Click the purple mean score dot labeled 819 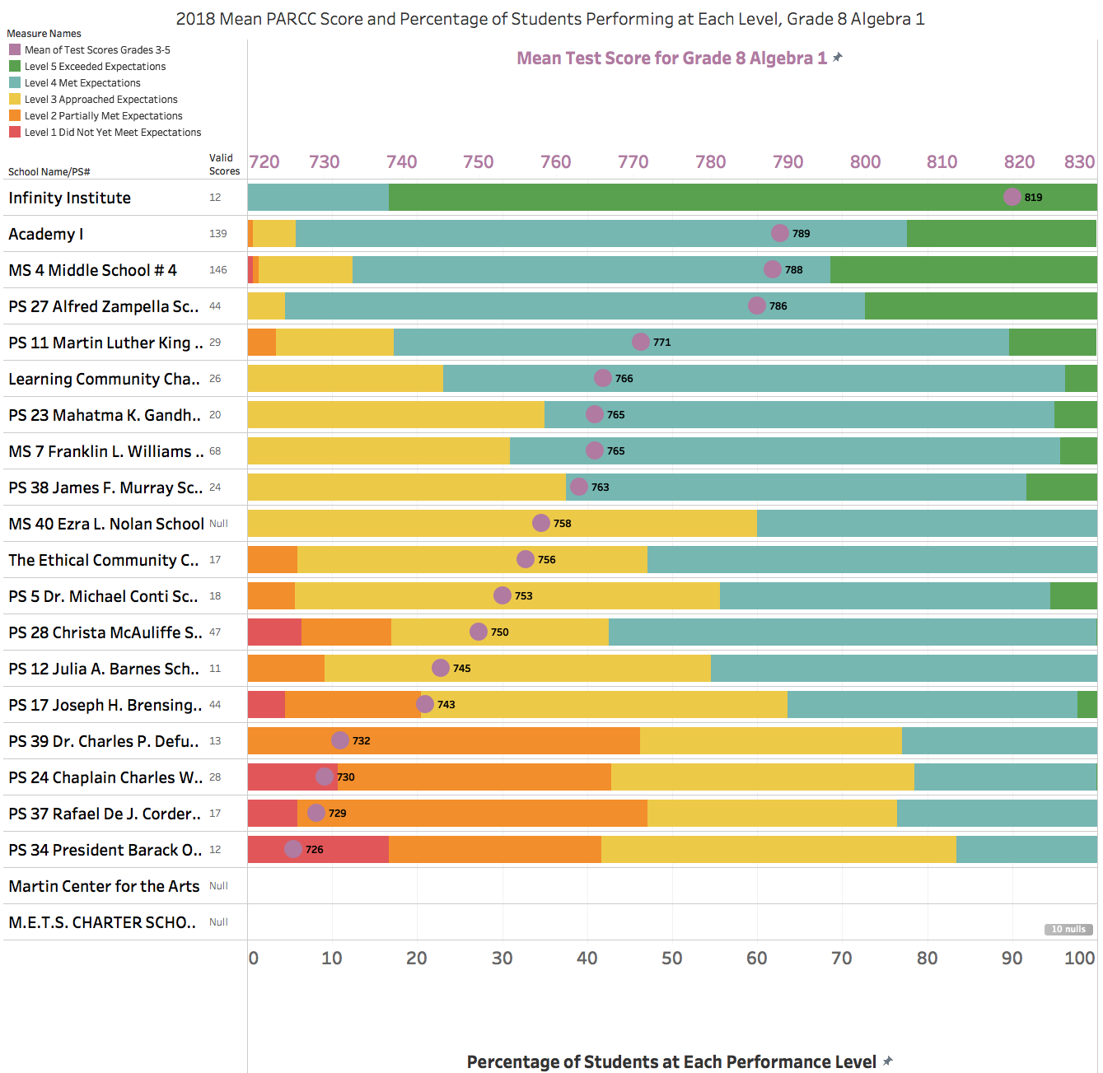(1012, 197)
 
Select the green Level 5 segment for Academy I (1001, 234)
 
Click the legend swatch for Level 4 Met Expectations (15, 83)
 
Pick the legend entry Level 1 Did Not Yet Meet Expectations (112, 133)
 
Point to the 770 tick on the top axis (633, 162)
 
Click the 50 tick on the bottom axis (671, 959)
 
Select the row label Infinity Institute (70, 198)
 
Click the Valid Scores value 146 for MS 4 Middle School (217, 270)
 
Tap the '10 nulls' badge (1068, 930)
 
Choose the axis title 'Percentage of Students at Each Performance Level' (671, 1062)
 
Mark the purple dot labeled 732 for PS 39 (339, 740)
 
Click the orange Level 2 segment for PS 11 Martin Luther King (262, 343)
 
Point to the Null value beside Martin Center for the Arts (218, 886)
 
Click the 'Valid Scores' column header (223, 165)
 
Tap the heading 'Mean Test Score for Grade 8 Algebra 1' (671, 58)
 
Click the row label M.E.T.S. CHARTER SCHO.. (102, 923)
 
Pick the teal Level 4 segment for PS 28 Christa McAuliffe (853, 632)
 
